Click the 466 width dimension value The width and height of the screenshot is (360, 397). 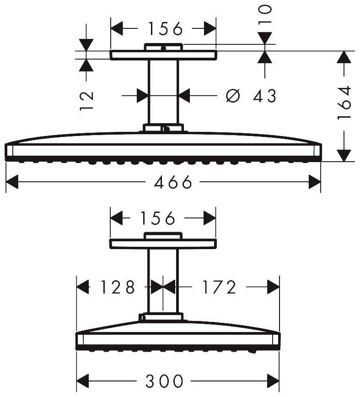pyautogui.click(x=172, y=183)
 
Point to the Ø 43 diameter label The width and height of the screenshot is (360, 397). pyautogui.click(x=251, y=96)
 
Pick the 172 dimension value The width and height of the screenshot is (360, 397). pyautogui.click(x=218, y=287)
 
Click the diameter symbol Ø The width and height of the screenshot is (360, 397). pyautogui.click(x=233, y=96)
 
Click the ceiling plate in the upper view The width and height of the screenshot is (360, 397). pyautogui.click(x=163, y=55)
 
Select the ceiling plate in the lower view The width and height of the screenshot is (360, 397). pyautogui.click(x=163, y=244)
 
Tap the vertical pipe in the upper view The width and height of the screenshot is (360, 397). pyautogui.click(x=163, y=92)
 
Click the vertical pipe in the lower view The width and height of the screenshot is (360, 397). pyautogui.click(x=163, y=279)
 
